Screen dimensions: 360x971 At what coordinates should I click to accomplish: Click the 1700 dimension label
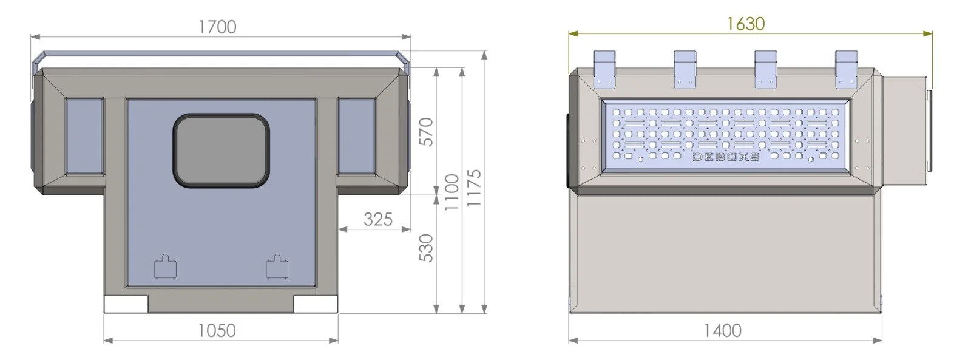217,27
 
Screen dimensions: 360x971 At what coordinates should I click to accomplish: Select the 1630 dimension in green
745,24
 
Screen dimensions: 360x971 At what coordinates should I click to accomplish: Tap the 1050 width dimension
217,330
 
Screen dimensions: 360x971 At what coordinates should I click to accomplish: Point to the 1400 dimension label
722,330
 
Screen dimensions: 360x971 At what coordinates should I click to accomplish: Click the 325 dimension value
377,219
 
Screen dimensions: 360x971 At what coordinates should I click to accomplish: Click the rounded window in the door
221,149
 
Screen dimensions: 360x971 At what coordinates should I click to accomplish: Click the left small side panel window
84,136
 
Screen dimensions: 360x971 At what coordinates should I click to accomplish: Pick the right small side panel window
356,136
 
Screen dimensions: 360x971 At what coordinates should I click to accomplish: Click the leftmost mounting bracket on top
604,68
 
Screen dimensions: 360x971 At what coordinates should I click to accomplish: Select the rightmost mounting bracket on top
846,68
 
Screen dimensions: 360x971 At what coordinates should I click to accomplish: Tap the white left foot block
126,304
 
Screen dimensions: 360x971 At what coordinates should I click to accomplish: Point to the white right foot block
315,304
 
